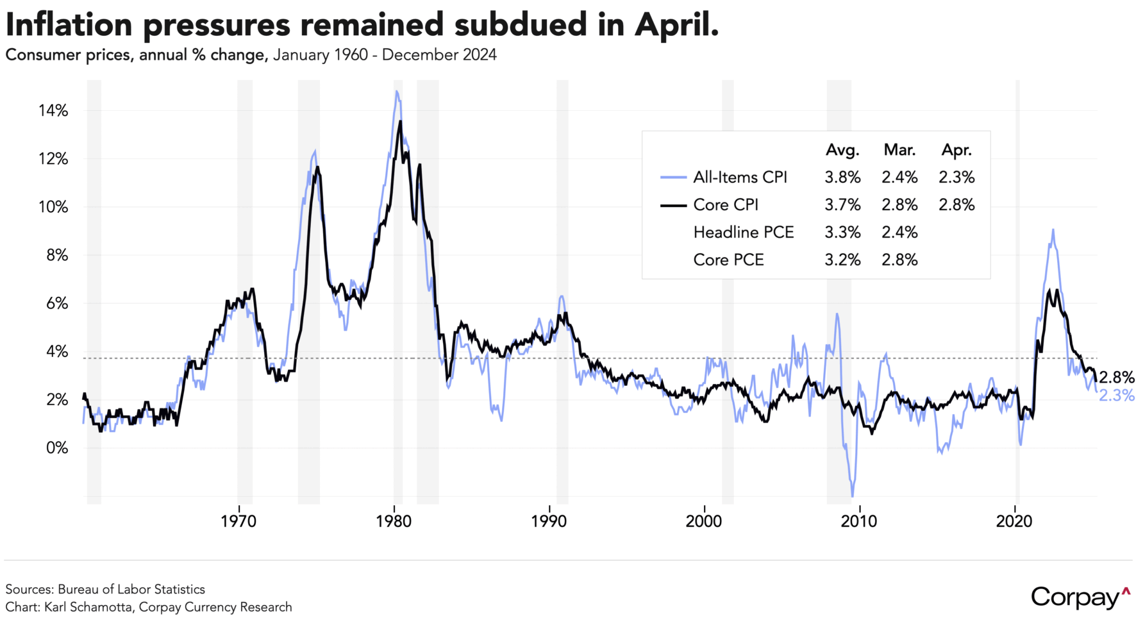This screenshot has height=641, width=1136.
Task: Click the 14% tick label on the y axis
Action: click(x=53, y=111)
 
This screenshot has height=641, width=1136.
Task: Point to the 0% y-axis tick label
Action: click(x=57, y=448)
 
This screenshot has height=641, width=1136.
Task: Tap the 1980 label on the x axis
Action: click(x=394, y=521)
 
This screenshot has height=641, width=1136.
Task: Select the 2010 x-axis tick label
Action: click(x=859, y=521)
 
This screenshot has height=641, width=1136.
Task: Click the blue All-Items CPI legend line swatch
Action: click(x=673, y=178)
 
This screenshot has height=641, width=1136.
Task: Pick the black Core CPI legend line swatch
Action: click(x=673, y=205)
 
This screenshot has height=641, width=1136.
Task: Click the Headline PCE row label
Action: click(x=743, y=232)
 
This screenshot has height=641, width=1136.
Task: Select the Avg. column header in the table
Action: click(x=842, y=150)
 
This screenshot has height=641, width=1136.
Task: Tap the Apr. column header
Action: click(x=956, y=150)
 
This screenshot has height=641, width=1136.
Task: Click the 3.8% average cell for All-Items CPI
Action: click(x=842, y=178)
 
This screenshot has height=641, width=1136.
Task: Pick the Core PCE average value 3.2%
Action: click(x=842, y=260)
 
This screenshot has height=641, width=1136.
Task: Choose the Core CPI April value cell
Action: click(x=956, y=205)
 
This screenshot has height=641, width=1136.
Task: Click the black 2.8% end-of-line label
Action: click(x=1117, y=378)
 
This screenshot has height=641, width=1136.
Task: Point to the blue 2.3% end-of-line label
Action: click(x=1117, y=395)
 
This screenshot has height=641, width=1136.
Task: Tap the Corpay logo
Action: click(x=1080, y=597)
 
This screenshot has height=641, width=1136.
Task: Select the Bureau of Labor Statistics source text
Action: click(x=131, y=589)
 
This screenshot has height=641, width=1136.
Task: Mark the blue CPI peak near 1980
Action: click(x=397, y=92)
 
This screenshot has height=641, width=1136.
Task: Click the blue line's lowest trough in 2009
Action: click(x=852, y=495)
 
